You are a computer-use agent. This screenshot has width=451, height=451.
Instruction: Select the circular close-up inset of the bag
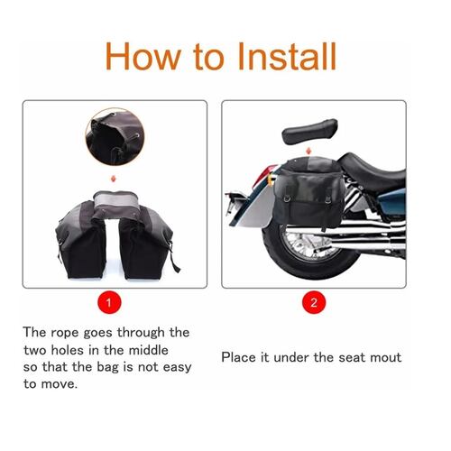click(x=113, y=136)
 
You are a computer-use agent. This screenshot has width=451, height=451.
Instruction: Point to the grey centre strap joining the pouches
click(x=115, y=195)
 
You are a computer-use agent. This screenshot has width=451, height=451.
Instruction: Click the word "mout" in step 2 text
click(x=383, y=357)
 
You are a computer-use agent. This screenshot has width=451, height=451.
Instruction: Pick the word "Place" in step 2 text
click(x=241, y=357)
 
